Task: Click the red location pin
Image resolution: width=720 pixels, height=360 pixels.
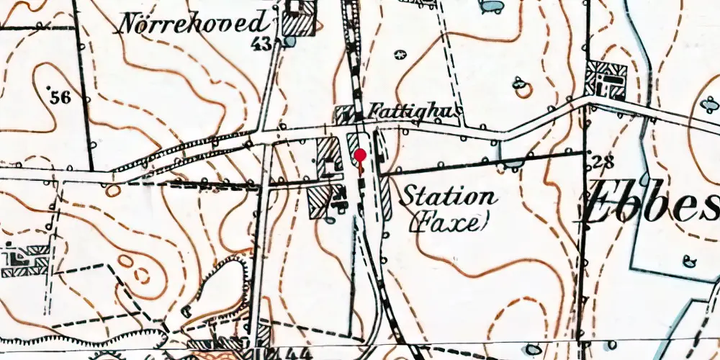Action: click(x=360, y=157)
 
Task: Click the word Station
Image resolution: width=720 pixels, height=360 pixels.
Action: click(x=448, y=196)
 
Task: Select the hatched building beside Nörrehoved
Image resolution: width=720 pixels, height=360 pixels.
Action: click(x=299, y=18)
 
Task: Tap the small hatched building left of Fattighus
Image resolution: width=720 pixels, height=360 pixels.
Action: click(x=346, y=113)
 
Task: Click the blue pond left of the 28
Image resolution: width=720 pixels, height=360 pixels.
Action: click(x=511, y=165)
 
